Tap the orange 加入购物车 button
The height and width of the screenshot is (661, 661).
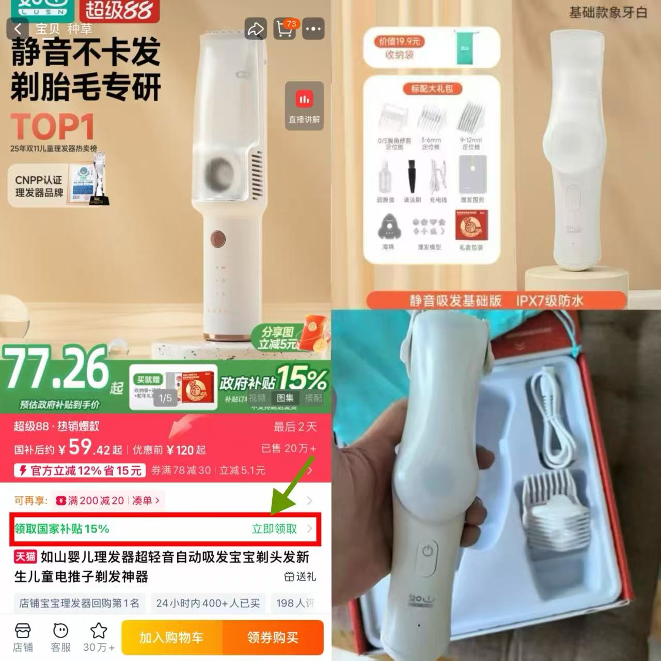tap(172, 638)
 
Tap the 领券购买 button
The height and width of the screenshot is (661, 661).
tap(273, 638)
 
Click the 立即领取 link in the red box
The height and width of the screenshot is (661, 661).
tap(275, 529)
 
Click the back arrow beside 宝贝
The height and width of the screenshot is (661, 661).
tap(18, 29)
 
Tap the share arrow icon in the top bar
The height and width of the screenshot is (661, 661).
tap(255, 29)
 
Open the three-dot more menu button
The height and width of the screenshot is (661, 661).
tap(313, 29)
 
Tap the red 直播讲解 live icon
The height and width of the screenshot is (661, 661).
tap(304, 100)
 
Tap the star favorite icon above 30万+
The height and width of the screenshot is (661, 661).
tap(99, 631)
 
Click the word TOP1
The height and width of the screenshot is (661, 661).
tap(53, 126)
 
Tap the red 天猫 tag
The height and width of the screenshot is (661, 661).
tap(25, 557)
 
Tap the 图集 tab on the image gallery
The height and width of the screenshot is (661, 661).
tap(286, 398)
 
